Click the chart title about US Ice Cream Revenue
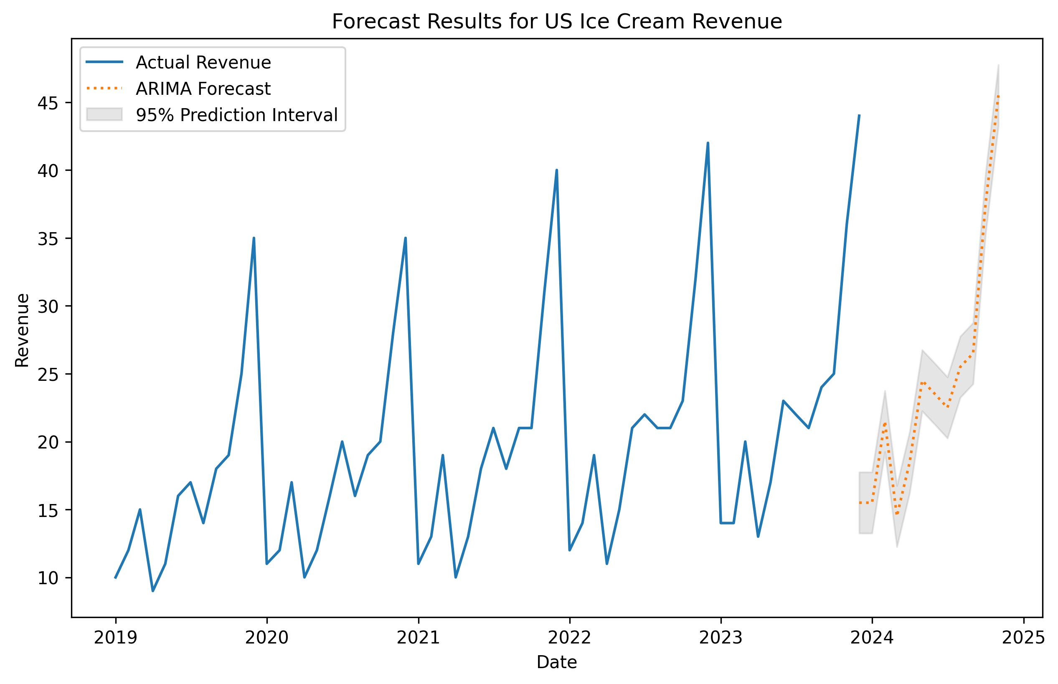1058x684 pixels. pos(556,21)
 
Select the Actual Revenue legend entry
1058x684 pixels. pos(203,62)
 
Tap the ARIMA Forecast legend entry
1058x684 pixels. pos(203,89)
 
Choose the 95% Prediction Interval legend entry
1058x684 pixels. pos(236,114)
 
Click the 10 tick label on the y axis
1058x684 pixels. pos(48,578)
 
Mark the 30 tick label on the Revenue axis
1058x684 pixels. pos(48,307)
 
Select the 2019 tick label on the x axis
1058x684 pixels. pos(115,638)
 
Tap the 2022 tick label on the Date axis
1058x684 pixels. pos(569,638)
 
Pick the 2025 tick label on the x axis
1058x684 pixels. pos(1023,638)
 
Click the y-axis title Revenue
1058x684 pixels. pos(22,330)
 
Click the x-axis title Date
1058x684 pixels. pos(556,662)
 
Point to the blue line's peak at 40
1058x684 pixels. pos(556,170)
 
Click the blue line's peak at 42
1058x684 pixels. pos(708,143)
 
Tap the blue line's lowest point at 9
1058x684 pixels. pos(153,591)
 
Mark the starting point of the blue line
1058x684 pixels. pos(115,578)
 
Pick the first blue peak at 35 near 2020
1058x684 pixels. pos(254,238)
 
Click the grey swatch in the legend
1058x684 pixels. pos(104,114)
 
